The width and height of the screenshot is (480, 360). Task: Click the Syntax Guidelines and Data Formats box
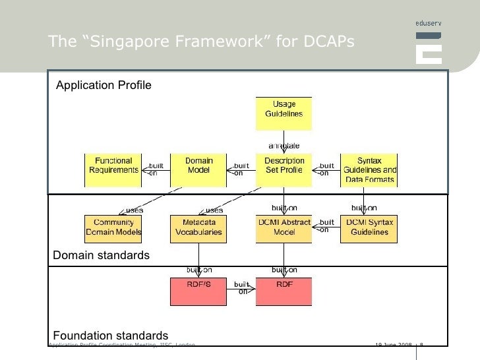(x=369, y=169)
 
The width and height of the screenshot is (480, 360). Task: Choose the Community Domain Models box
(x=113, y=227)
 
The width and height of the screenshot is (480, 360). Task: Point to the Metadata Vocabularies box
(x=198, y=227)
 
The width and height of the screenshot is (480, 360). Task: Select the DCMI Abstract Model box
(x=284, y=227)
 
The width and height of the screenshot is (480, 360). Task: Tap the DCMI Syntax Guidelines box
(x=369, y=227)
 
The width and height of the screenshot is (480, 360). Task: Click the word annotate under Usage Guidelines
(x=284, y=145)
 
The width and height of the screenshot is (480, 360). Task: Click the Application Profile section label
(x=104, y=85)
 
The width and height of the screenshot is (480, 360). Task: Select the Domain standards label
(x=101, y=255)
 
